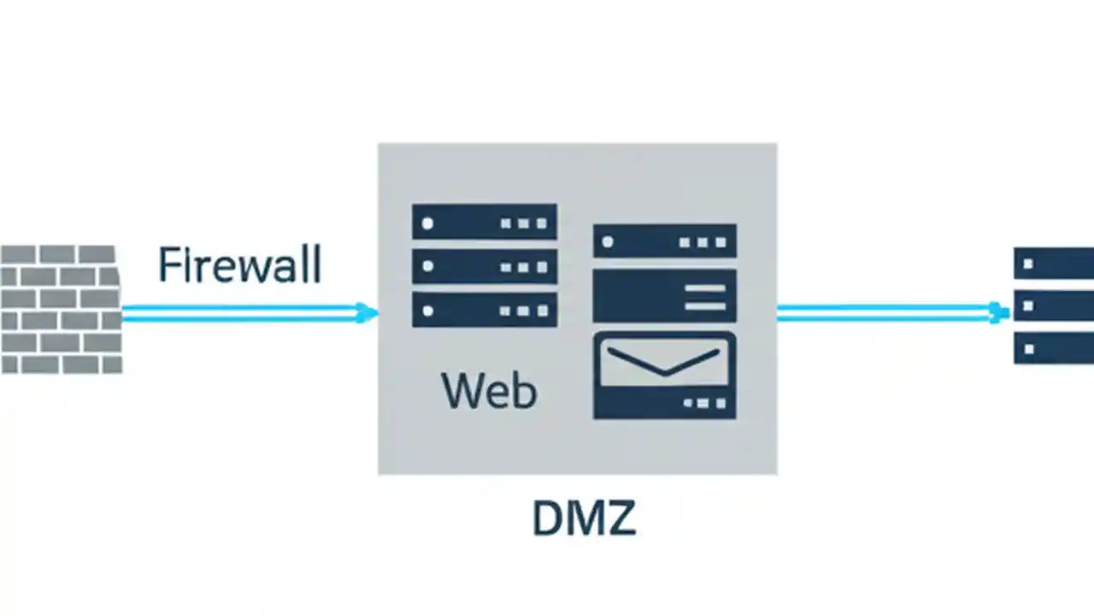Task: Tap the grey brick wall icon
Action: pos(61,309)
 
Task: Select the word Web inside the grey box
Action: pos(489,390)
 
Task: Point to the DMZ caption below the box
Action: pos(584,518)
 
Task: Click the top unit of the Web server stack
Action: pos(485,222)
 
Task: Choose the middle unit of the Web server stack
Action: pos(485,266)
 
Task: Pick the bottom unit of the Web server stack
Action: pos(485,310)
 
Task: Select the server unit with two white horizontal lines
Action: pos(664,295)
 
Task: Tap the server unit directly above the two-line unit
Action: pos(664,241)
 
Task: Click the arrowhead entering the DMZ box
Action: pos(369,313)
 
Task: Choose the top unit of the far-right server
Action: pos(1054,263)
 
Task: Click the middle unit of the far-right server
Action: pos(1054,305)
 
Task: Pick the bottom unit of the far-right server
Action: pos(1054,348)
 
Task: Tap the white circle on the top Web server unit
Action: pos(427,223)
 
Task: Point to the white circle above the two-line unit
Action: pos(608,242)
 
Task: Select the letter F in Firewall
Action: pos(169,265)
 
